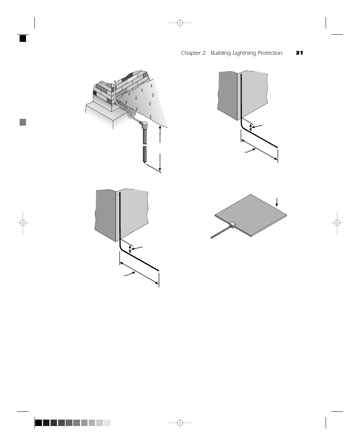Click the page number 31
(x=299, y=53)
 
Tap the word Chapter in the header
(x=191, y=53)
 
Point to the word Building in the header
(x=220, y=53)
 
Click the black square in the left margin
(x=23, y=38)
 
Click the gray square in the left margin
(x=23, y=122)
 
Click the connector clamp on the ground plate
(x=232, y=225)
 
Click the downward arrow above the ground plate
(x=277, y=201)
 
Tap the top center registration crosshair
(x=180, y=23)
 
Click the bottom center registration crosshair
(x=180, y=423)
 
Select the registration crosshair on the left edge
(x=23, y=223)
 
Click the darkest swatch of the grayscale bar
(x=38, y=423)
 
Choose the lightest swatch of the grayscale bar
(x=107, y=423)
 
